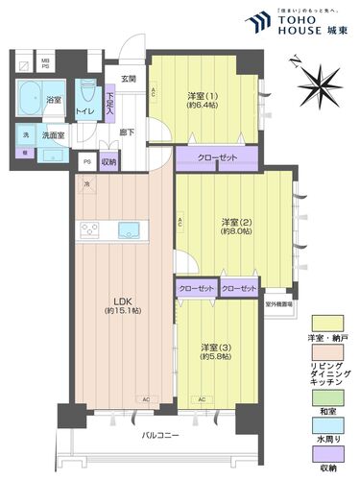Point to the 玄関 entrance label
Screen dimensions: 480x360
(130, 79)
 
